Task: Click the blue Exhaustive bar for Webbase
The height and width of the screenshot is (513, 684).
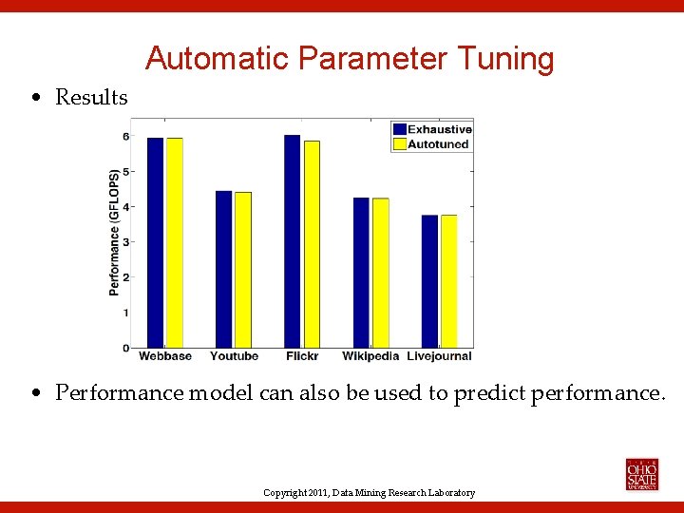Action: [155, 242]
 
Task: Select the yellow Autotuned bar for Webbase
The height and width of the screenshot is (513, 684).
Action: [174, 242]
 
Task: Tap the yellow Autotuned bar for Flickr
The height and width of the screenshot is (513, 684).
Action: [312, 244]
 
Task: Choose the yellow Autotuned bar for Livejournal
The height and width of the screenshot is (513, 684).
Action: [448, 281]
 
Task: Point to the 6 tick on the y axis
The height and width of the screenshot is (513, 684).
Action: [125, 136]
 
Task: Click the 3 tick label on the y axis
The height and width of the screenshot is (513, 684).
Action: [125, 242]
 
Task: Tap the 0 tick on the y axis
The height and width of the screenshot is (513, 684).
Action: [125, 348]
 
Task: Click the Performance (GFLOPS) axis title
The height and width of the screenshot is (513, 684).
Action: [114, 233]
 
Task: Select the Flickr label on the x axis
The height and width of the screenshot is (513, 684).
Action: [302, 356]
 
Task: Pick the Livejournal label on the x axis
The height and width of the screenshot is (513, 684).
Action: [439, 356]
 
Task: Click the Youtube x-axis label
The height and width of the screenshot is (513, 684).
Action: [234, 356]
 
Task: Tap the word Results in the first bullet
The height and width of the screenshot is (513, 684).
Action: [91, 97]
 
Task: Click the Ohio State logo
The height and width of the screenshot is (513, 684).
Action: [641, 474]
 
